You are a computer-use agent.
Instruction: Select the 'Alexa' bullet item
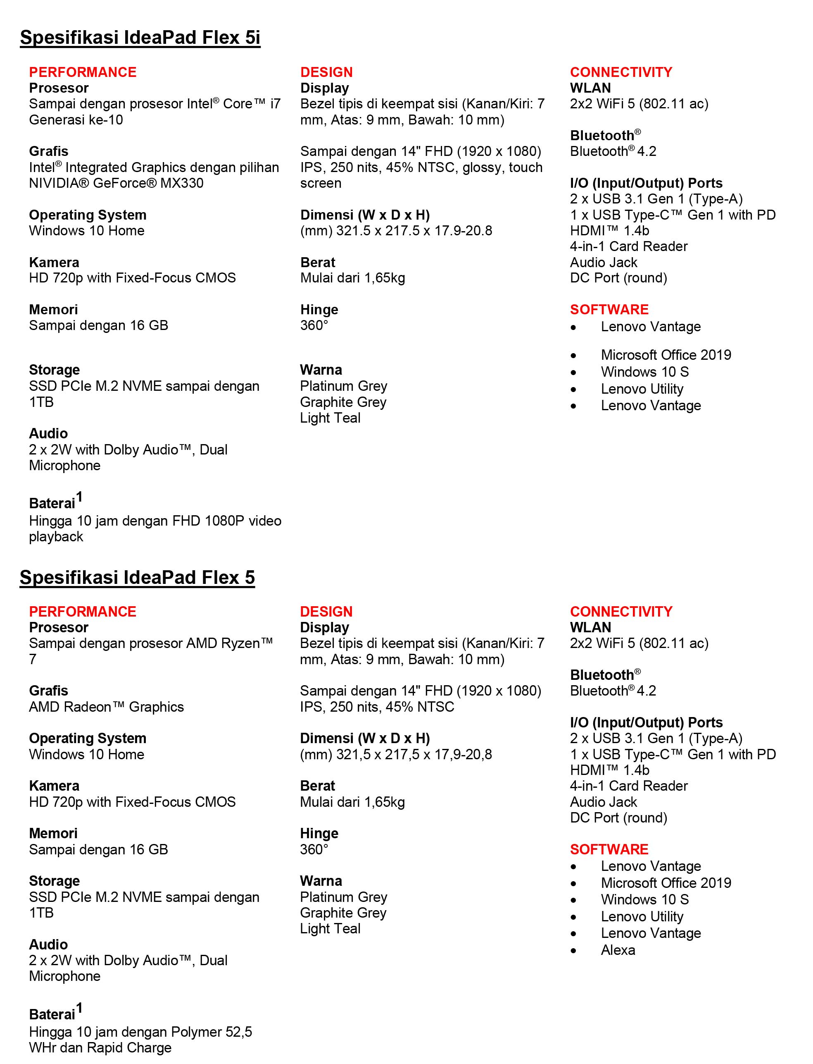(618, 950)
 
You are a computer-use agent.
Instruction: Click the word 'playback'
(56, 537)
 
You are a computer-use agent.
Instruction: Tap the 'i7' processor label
(275, 104)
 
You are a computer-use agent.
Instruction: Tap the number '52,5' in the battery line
(239, 1032)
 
